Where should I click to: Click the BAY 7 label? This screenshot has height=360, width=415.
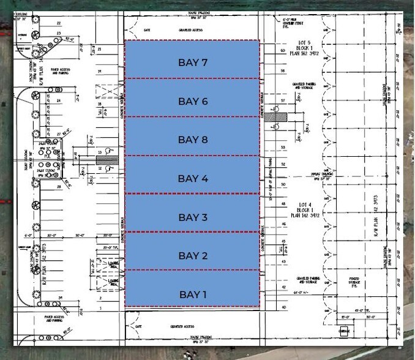193,62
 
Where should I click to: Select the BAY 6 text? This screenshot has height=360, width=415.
193,101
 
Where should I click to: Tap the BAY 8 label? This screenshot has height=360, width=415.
193,140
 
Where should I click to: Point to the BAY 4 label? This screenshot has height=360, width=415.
193,178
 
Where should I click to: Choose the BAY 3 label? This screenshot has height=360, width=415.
193,217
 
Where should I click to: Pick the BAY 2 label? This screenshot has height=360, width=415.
193,255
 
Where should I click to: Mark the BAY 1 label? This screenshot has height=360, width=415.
193,294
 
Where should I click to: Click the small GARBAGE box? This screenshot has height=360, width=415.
345,332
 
